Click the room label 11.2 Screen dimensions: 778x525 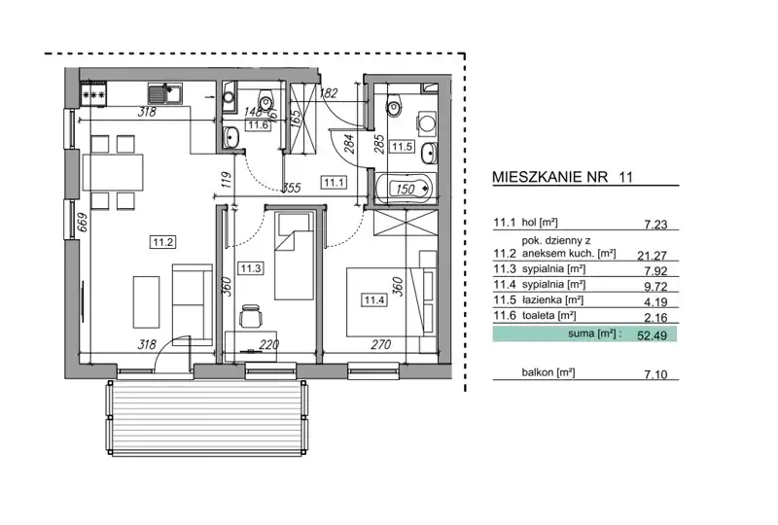pyautogui.click(x=162, y=242)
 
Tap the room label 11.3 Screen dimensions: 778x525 pyautogui.click(x=251, y=268)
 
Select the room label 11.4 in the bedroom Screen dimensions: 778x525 pyautogui.click(x=374, y=299)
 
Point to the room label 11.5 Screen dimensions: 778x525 pyautogui.click(x=402, y=147)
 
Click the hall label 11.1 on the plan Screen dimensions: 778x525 pyautogui.click(x=334, y=183)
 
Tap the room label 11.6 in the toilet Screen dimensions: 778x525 pyautogui.click(x=259, y=124)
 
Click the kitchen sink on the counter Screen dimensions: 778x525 pyautogui.click(x=164, y=93)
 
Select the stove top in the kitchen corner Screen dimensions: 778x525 pyautogui.click(x=93, y=93)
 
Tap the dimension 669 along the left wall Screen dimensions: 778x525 pyautogui.click(x=83, y=223)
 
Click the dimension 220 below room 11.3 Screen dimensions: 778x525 pyautogui.click(x=269, y=344)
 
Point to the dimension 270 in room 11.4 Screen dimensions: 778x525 pyautogui.click(x=380, y=344)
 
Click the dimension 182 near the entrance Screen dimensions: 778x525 pyautogui.click(x=329, y=92)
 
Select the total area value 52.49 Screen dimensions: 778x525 pyautogui.click(x=652, y=335)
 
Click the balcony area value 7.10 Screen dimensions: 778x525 pyautogui.click(x=655, y=374)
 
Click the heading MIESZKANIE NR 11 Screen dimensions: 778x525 pyautogui.click(x=563, y=177)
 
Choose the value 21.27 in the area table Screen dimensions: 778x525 pyautogui.click(x=652, y=255)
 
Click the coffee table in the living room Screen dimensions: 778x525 pyautogui.click(x=147, y=302)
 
